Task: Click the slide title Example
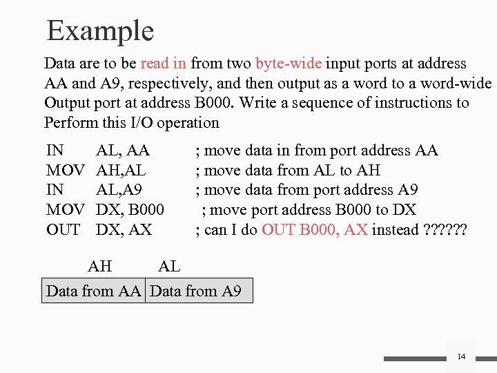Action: coord(100,31)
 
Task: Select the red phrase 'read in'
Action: coord(163,64)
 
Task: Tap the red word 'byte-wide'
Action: coord(288,64)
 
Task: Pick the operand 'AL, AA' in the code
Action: coord(123,151)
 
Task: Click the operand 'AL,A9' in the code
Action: coord(121,190)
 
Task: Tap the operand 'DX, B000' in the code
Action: coord(130,210)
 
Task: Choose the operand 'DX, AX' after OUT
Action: coord(124,229)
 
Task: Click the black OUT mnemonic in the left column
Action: coord(63,229)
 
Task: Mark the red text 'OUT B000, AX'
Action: coord(314,229)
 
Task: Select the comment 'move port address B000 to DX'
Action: coord(314,210)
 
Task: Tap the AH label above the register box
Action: coord(101,266)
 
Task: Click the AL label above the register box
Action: coord(170,266)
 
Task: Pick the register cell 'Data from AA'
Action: coord(93,291)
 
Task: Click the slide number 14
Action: coord(461,356)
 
